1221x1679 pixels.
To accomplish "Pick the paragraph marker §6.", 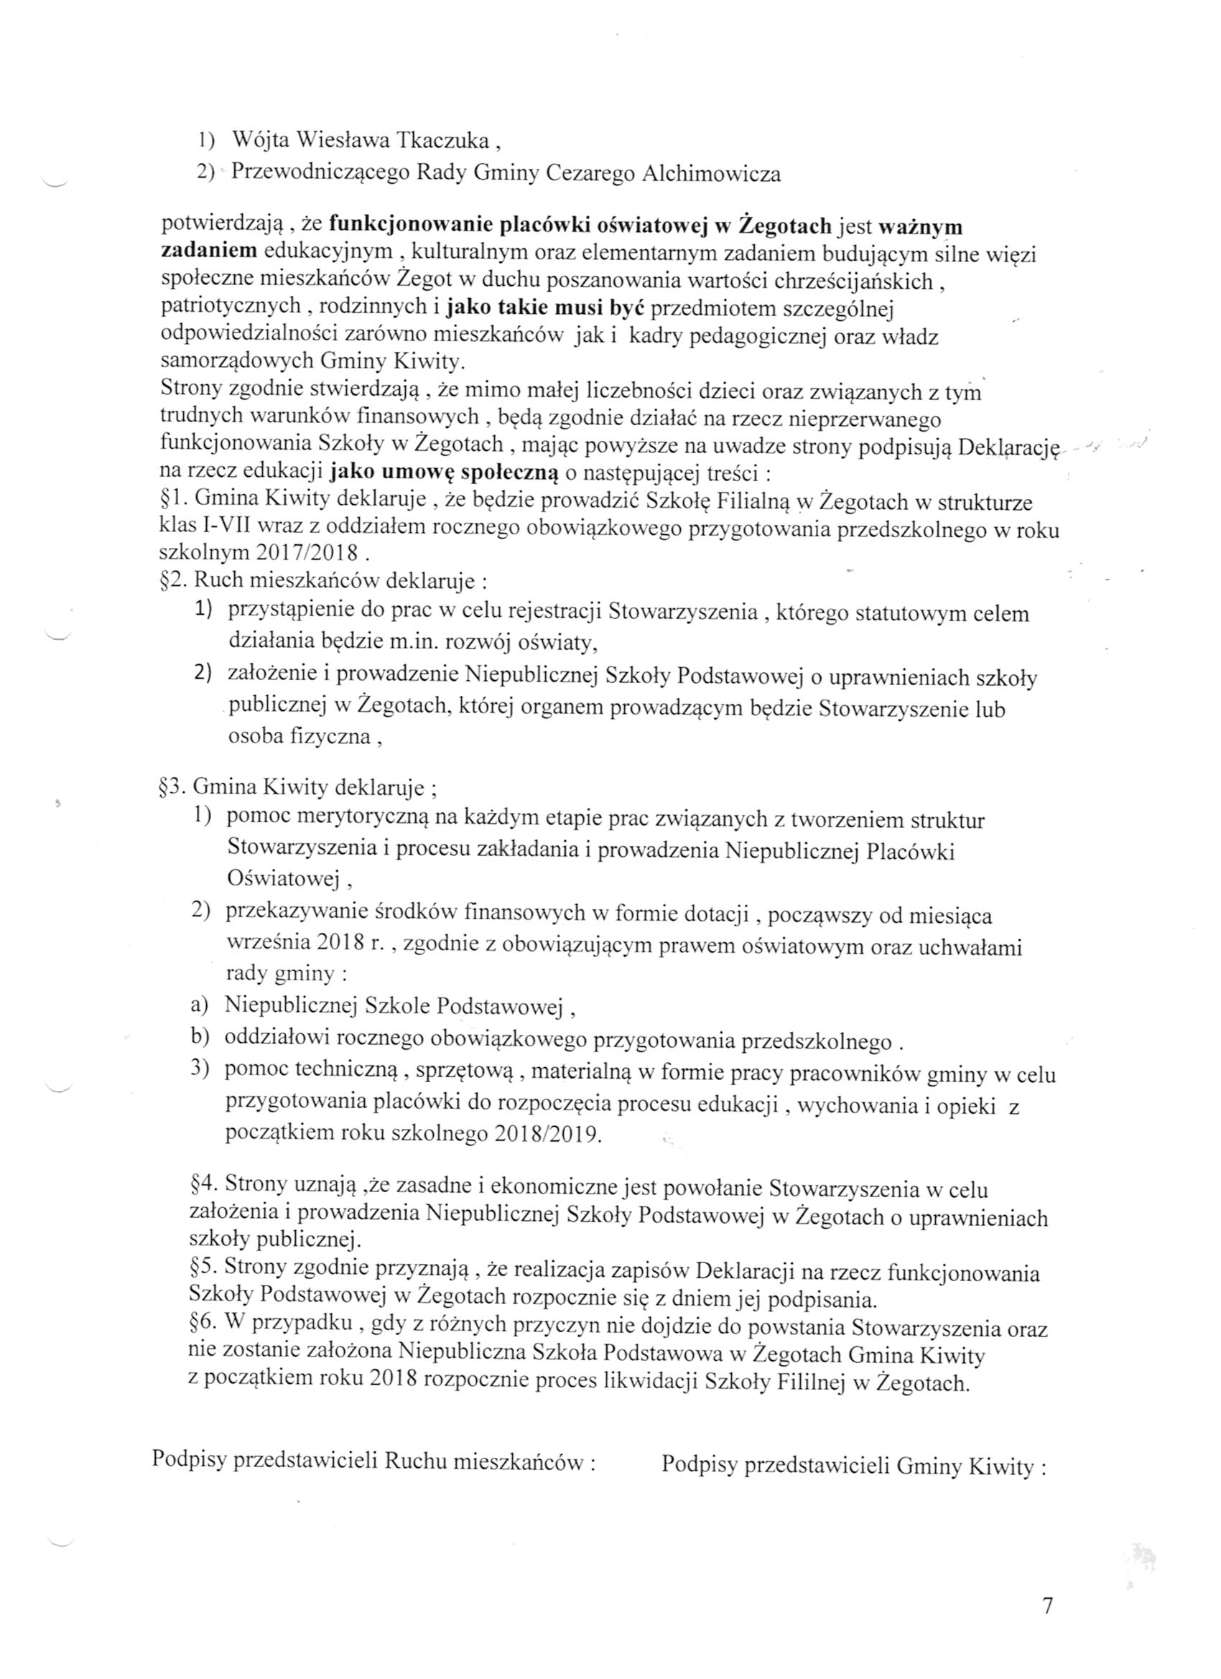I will click(202, 1329).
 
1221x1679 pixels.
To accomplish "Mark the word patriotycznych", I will click(231, 307).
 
